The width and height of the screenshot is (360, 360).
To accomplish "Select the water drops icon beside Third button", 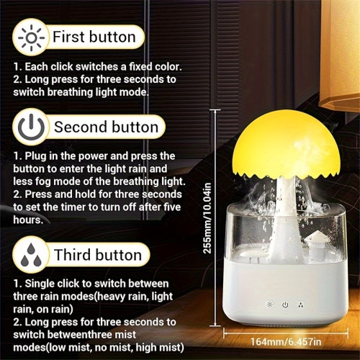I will pos(29,254).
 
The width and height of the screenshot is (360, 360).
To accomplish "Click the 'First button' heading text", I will pos(94,37).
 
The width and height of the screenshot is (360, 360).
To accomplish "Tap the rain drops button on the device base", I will pos(300,304).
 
